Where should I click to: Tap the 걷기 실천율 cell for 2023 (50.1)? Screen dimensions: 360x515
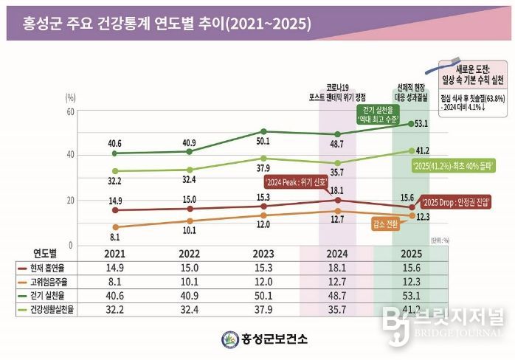pyautogui.click(x=263, y=295)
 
